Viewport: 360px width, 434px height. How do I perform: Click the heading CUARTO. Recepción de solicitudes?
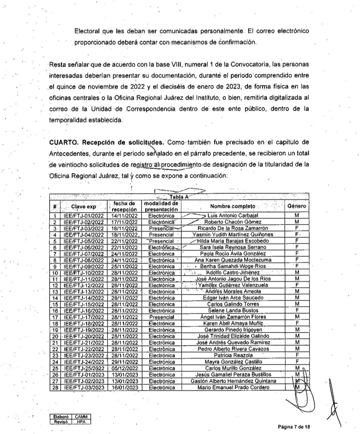(106, 142)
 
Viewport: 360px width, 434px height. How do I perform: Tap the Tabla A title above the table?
(179, 197)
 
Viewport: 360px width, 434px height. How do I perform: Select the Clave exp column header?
(83, 206)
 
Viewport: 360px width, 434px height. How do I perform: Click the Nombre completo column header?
(233, 206)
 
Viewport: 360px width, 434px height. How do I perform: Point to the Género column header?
(297, 206)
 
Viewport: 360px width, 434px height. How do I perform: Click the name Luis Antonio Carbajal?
(233, 216)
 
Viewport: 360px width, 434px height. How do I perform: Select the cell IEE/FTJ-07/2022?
(84, 253)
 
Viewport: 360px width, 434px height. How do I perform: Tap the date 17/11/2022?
(124, 222)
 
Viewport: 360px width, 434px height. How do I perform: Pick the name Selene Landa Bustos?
(233, 310)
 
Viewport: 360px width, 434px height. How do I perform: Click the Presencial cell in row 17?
(162, 317)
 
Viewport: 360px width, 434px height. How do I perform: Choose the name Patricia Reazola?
(233, 355)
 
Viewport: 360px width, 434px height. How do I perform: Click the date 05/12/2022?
(124, 368)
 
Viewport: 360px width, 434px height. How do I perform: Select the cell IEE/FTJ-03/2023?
(84, 387)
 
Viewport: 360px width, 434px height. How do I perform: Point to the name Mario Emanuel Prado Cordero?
(233, 387)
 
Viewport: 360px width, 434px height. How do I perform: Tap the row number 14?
(55, 298)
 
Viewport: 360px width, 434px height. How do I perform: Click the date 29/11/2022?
(124, 362)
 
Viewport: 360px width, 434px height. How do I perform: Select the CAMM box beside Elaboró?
(81, 417)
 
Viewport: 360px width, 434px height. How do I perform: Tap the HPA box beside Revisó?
(81, 422)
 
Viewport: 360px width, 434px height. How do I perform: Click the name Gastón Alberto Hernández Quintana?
(233, 381)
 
